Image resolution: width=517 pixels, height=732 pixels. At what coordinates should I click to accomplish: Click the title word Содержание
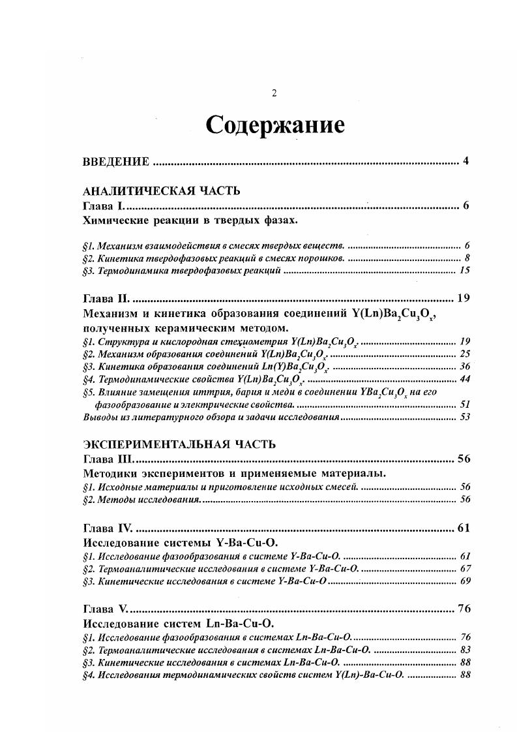274,125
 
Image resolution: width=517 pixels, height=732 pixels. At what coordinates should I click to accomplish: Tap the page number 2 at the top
274,93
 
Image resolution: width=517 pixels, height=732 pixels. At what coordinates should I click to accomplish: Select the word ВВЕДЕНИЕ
117,162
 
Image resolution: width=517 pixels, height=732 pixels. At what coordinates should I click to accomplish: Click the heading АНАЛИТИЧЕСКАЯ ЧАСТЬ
162,191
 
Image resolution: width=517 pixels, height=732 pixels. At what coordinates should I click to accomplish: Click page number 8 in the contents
467,258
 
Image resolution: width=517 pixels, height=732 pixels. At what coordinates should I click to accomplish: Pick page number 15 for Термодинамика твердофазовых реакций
465,270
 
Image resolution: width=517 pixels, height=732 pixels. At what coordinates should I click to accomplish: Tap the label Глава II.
106,299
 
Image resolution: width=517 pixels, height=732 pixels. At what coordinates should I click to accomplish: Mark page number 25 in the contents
465,354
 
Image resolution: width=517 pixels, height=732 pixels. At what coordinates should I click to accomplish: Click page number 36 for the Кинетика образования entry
465,366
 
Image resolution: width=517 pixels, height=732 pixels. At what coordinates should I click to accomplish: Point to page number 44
465,379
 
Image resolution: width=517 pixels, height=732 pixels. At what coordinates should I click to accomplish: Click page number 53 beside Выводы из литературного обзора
465,417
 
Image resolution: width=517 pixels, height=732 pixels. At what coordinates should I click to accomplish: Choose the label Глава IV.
108,528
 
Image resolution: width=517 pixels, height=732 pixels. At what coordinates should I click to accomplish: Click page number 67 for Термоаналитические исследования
465,568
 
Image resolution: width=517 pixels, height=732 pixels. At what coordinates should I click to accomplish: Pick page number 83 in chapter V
465,650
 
